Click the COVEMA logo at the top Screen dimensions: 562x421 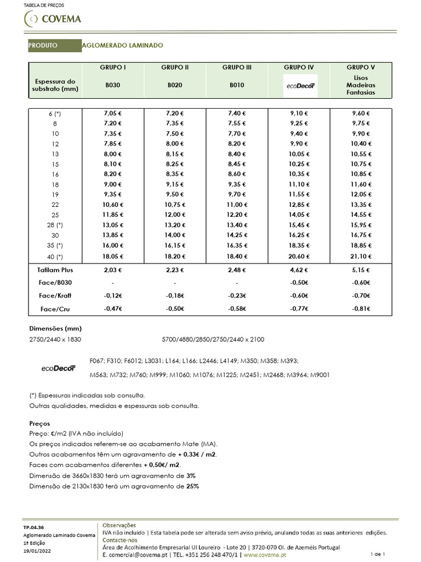click(53, 19)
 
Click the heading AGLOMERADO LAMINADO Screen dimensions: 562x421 click(122, 45)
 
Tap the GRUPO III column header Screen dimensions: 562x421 click(237, 68)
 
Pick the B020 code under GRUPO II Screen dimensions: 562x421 click(175, 86)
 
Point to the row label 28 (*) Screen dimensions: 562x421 click(54, 225)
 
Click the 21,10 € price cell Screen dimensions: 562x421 click(361, 256)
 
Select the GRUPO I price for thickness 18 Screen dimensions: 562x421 click(113, 184)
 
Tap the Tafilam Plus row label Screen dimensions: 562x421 click(55, 270)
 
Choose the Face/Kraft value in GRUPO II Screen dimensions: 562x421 click(175, 296)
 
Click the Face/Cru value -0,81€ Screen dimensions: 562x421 click(361, 309)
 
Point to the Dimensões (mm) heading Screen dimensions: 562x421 click(55, 328)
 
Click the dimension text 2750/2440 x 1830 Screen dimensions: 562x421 click(55, 340)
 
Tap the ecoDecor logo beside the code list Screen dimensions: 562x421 click(57, 368)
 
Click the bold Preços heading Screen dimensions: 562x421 click(39, 424)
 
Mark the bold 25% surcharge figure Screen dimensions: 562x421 click(192, 486)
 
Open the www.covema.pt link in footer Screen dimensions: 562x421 click(265, 555)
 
